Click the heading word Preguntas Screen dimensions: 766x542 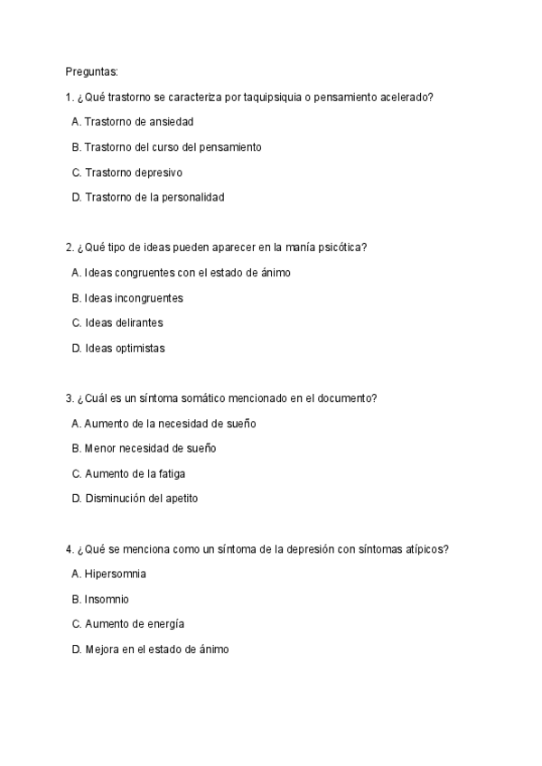(x=91, y=70)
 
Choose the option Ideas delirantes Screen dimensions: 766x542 (x=117, y=322)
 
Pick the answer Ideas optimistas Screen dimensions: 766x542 (x=118, y=348)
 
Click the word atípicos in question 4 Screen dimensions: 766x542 (x=423, y=548)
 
